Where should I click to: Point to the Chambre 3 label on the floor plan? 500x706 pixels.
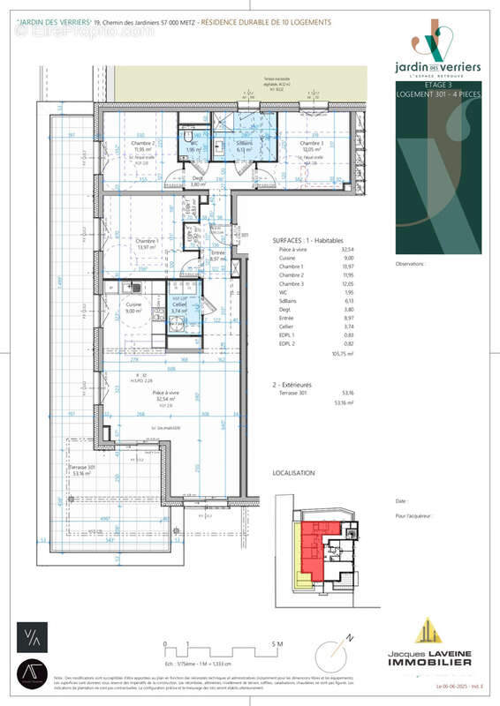point(310,144)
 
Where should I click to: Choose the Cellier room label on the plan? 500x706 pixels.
point(178,304)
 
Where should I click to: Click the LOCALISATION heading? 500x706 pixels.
point(293,473)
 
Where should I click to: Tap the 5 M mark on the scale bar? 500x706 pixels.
point(278,645)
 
